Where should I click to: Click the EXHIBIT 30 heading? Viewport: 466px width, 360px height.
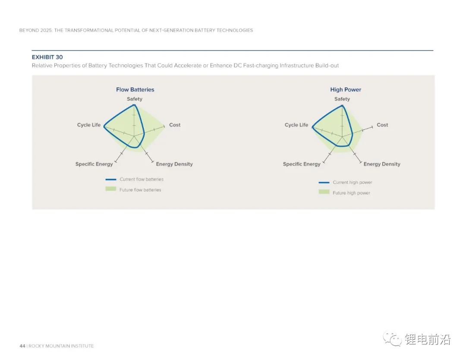[x=47, y=57]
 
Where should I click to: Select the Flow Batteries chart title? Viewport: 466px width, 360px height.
[x=135, y=90]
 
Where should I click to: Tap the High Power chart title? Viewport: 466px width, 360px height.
[x=346, y=90]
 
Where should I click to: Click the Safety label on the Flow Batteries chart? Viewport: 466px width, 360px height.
[x=135, y=99]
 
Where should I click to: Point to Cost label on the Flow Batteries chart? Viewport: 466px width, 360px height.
[x=175, y=125]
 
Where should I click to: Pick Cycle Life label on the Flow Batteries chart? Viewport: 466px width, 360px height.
[x=89, y=125]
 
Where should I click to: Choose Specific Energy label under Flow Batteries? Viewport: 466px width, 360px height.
[x=94, y=164]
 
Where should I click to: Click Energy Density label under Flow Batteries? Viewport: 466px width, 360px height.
[x=174, y=164]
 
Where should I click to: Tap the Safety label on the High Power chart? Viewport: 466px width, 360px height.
[x=342, y=99]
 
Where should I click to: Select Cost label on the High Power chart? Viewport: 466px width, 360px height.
[x=382, y=125]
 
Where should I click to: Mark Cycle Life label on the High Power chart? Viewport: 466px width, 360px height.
[x=296, y=125]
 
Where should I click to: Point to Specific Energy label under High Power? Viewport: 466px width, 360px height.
[x=302, y=164]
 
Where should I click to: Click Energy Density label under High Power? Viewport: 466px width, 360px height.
[x=382, y=164]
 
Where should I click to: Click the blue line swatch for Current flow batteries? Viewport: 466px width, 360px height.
[x=111, y=180]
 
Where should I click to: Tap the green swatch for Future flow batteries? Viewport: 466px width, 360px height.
[x=111, y=189]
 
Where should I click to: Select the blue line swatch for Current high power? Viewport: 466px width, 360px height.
[x=324, y=183]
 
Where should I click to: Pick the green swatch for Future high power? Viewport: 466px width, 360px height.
[x=324, y=192]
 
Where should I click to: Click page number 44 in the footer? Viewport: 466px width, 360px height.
[x=22, y=346]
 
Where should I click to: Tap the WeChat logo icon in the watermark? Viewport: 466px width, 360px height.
[x=392, y=339]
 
